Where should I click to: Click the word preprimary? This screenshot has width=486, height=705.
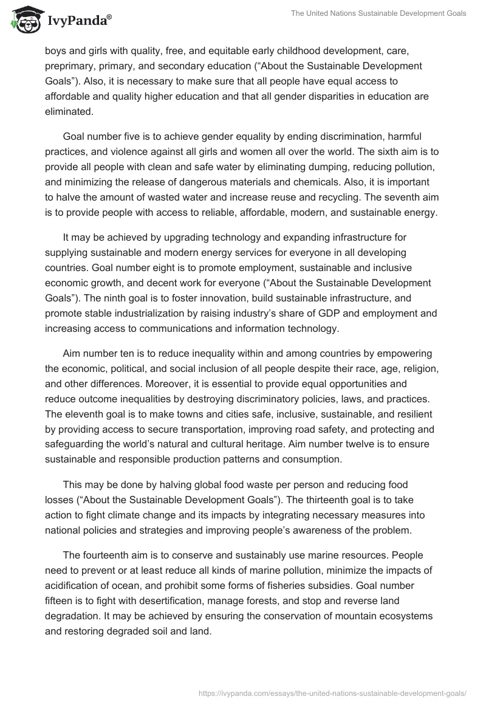(71, 66)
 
